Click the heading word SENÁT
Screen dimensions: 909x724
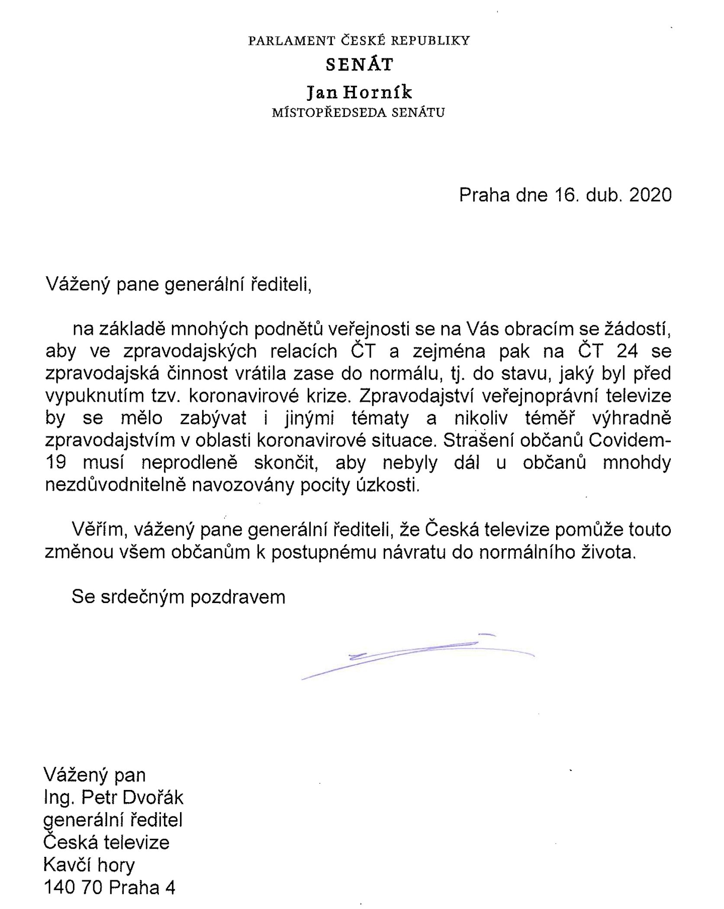(x=360, y=65)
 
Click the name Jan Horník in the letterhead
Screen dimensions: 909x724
(x=359, y=92)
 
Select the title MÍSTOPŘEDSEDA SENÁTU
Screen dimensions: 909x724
(x=358, y=113)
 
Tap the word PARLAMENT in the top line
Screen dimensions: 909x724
(x=292, y=41)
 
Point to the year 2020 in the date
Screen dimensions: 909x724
(x=650, y=195)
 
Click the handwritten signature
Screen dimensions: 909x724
(x=418, y=656)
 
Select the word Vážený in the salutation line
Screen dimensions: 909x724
(x=76, y=285)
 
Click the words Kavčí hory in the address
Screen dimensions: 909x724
(x=89, y=865)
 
